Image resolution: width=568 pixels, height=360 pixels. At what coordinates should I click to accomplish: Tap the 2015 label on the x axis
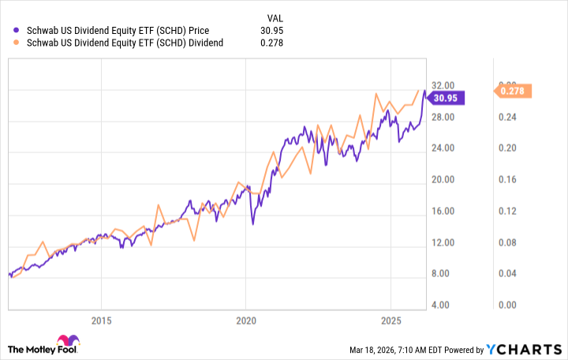pyautogui.click(x=100, y=321)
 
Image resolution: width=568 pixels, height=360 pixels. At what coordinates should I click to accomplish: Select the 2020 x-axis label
pyautogui.click(x=246, y=321)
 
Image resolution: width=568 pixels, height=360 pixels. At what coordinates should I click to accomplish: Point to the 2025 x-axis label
pyautogui.click(x=391, y=321)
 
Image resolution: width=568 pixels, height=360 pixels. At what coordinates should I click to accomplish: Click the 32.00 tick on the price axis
pyautogui.click(x=445, y=85)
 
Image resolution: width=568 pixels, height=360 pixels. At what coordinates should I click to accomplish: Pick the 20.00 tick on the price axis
pyautogui.click(x=445, y=179)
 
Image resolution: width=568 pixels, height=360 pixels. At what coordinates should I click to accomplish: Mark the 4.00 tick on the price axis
pyautogui.click(x=445, y=305)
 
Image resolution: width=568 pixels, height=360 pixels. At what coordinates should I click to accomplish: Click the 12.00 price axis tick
pyautogui.click(x=445, y=242)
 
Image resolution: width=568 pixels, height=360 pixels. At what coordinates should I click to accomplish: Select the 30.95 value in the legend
pyautogui.click(x=271, y=31)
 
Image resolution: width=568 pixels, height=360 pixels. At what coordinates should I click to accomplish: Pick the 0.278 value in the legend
pyautogui.click(x=271, y=43)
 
